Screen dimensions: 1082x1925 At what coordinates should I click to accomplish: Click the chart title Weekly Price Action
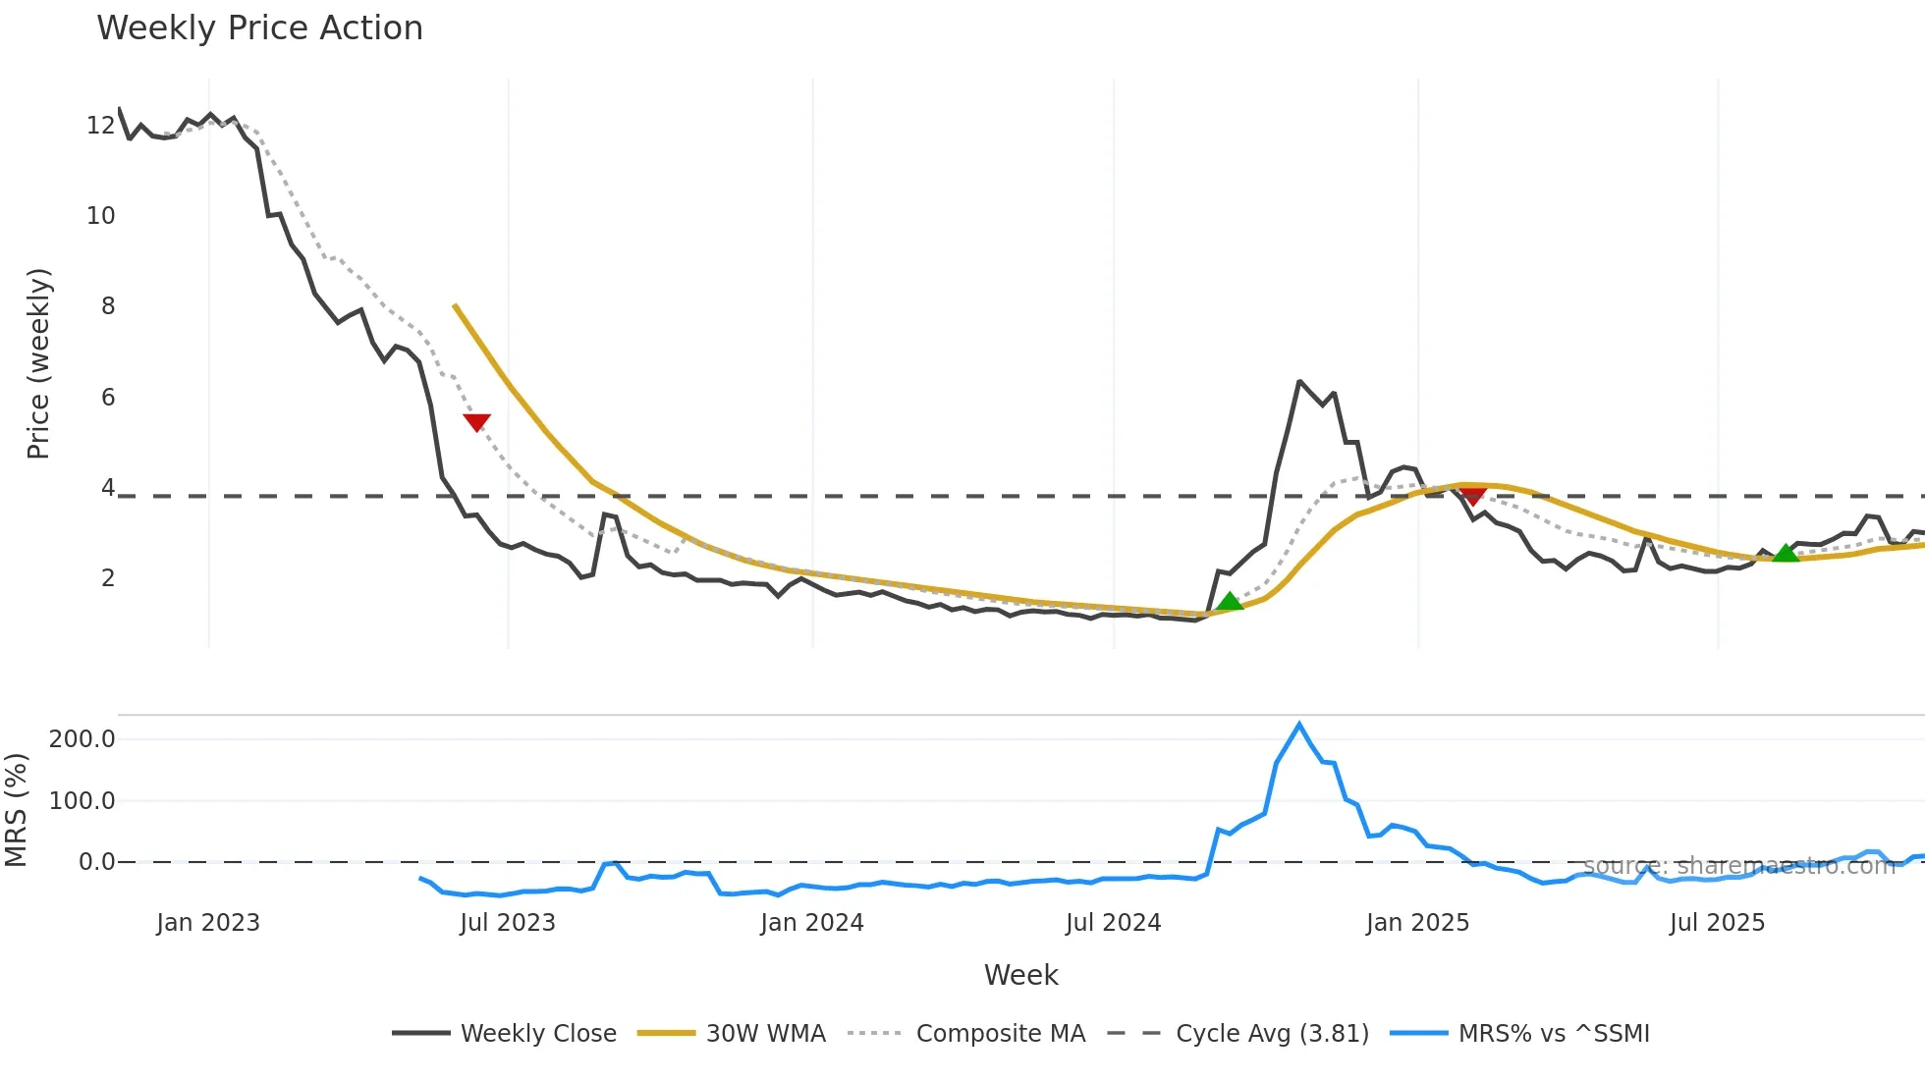[x=259, y=28]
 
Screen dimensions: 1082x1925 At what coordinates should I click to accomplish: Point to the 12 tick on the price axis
[x=100, y=126]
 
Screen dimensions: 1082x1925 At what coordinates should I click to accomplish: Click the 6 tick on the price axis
[x=107, y=398]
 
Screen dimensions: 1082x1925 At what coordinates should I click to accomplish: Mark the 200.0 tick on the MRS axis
[x=82, y=739]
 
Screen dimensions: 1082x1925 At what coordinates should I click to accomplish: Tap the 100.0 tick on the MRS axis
[x=82, y=801]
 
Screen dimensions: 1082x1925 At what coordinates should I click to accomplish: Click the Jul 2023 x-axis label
[x=508, y=923]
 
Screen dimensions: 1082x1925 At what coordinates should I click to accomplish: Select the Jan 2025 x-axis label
[x=1417, y=923]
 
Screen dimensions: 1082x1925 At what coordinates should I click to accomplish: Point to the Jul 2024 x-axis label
[x=1113, y=923]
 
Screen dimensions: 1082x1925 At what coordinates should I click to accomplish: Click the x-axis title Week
[x=1020, y=975]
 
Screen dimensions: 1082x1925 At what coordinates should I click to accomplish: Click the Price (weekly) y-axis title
[x=38, y=363]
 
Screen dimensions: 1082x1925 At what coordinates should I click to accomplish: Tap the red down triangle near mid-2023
[x=476, y=422]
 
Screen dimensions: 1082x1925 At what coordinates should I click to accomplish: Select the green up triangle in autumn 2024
[x=1230, y=602]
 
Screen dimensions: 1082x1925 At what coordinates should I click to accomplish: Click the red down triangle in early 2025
[x=1472, y=495]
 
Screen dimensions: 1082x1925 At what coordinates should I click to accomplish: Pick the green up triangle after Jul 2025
[x=1786, y=554]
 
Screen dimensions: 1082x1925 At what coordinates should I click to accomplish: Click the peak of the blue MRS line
[x=1299, y=725]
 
